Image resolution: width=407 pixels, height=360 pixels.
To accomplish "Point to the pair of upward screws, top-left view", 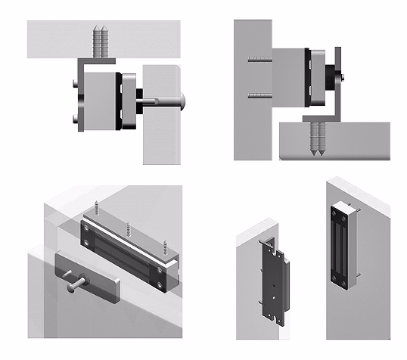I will tap(98, 41).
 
